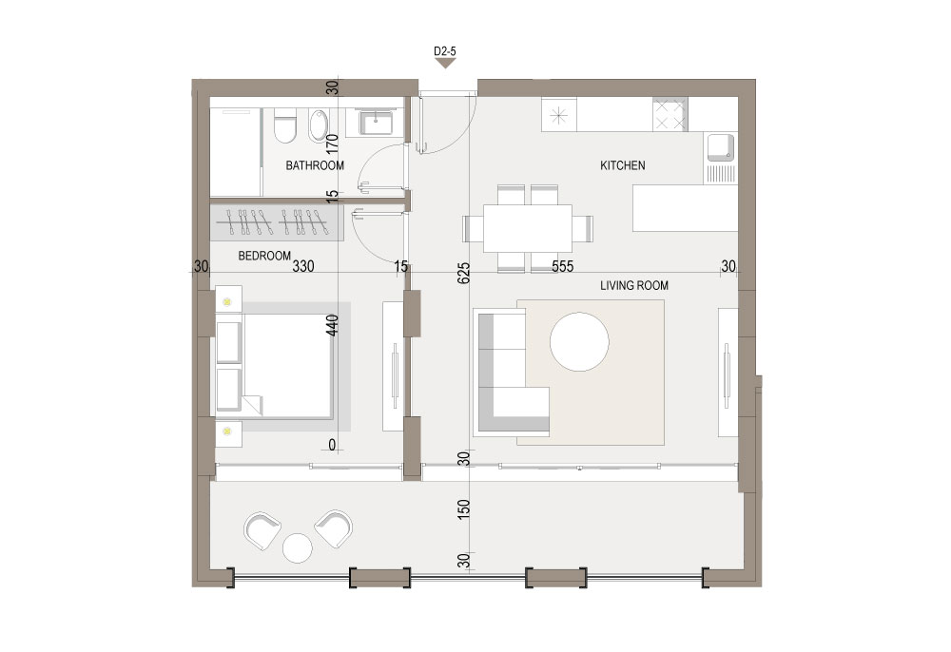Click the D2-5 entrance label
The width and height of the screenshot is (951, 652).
(x=444, y=51)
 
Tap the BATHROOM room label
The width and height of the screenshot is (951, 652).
(x=315, y=165)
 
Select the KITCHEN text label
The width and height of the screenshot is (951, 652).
(x=622, y=165)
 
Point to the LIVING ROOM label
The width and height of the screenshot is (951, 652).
(x=633, y=285)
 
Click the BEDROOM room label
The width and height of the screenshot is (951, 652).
(x=264, y=256)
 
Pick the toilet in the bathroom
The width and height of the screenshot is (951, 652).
(x=284, y=126)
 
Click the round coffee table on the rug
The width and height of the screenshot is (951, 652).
(x=579, y=342)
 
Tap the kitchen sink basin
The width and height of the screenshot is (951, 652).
(x=720, y=147)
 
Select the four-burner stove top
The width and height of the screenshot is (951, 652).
(x=670, y=114)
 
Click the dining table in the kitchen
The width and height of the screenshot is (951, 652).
(x=528, y=228)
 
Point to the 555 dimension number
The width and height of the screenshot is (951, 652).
(x=562, y=266)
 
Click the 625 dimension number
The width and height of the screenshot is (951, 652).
(x=463, y=274)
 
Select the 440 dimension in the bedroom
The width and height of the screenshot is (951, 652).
(x=332, y=325)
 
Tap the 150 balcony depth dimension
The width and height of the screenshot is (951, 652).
(x=463, y=509)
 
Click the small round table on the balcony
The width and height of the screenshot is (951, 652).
(x=297, y=547)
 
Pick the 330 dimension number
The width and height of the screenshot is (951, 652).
(x=303, y=266)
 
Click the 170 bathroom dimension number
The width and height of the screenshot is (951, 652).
(x=332, y=146)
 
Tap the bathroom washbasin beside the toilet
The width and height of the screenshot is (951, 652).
(x=318, y=125)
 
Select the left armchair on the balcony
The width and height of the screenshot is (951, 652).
(x=262, y=530)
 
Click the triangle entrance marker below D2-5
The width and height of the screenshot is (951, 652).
(x=445, y=63)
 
